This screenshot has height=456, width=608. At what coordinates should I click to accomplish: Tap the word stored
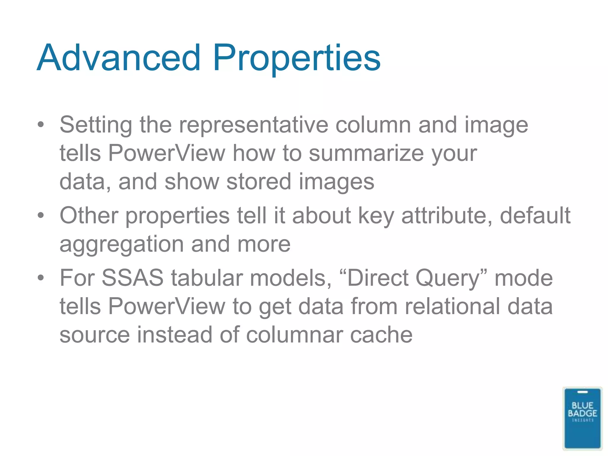[x=258, y=182]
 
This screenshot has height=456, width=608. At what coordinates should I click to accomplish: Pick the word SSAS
[x=132, y=278]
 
